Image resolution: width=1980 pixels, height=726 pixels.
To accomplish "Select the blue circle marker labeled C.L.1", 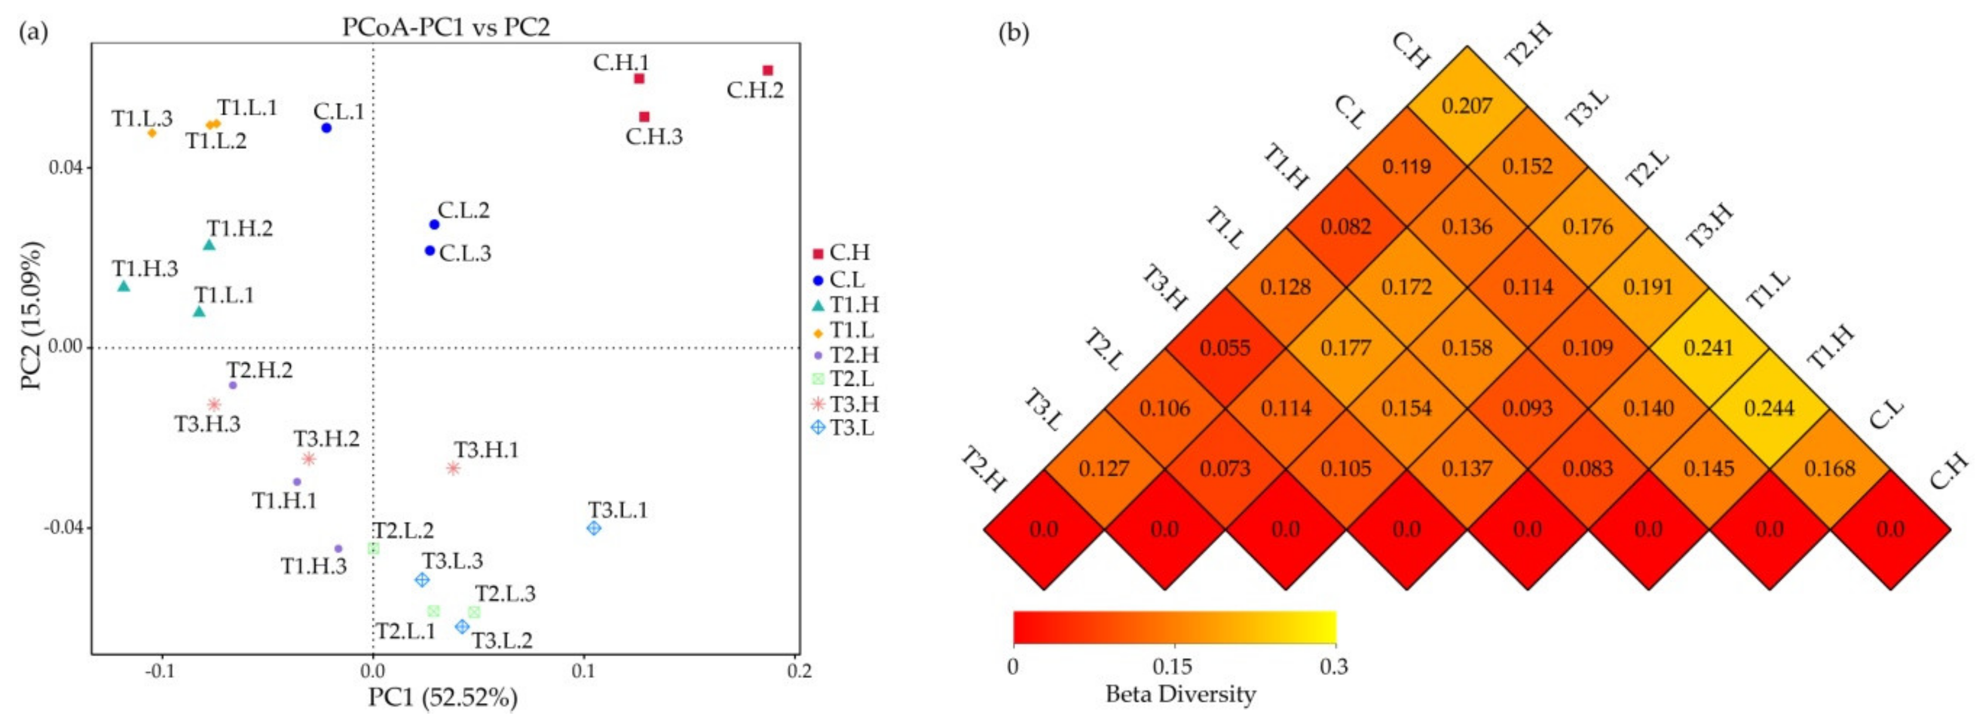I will [326, 128].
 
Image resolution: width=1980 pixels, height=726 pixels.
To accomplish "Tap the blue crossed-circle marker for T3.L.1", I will [593, 529].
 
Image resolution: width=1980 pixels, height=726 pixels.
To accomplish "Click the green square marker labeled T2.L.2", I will [373, 548].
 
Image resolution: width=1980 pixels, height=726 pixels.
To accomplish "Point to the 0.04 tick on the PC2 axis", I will [67, 168].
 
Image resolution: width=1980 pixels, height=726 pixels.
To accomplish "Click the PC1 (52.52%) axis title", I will [443, 697].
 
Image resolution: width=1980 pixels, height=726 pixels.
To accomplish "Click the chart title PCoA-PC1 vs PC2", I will [446, 28].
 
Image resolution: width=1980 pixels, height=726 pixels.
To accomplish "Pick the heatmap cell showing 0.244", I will [1768, 408].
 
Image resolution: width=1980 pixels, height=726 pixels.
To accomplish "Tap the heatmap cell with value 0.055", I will [1225, 348].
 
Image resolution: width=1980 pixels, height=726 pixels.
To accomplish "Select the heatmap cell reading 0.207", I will [1467, 106].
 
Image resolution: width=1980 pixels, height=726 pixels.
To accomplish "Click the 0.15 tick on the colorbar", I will [1173, 666].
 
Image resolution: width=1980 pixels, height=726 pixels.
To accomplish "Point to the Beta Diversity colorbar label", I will [1180, 694].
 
